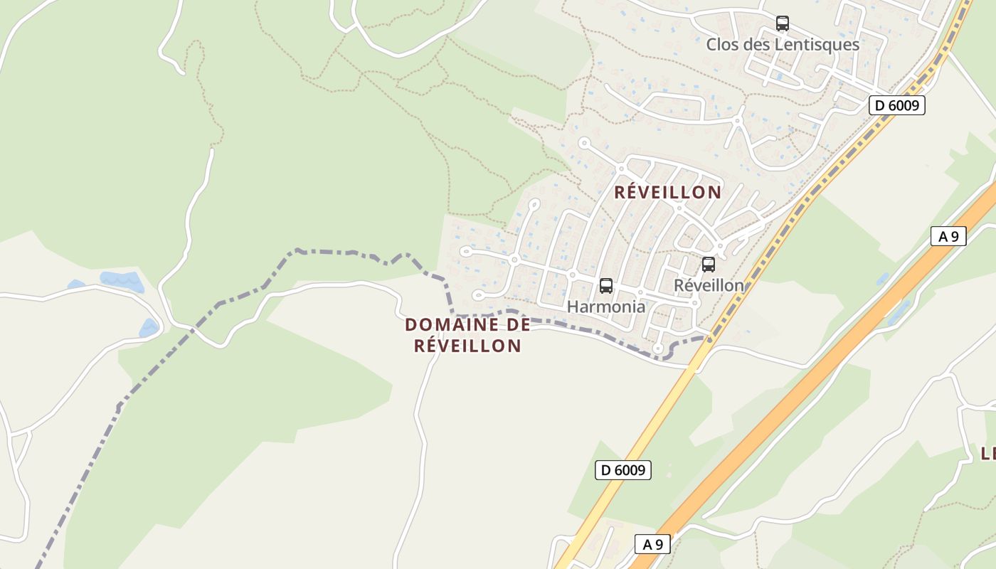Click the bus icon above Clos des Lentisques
tap(783, 23)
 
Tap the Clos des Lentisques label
tap(783, 45)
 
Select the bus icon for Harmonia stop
tap(606, 286)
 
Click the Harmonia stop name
tap(606, 307)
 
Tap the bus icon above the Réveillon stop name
tap(709, 265)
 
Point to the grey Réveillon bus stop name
tap(709, 285)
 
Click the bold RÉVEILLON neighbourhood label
tap(668, 192)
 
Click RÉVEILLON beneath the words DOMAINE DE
tap(468, 346)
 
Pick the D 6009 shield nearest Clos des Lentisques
tap(897, 106)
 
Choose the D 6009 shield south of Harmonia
tap(623, 469)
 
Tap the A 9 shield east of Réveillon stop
tap(948, 236)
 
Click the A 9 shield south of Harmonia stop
tap(652, 545)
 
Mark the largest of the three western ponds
tap(122, 281)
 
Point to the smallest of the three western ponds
tap(76, 285)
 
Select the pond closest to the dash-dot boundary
tap(149, 328)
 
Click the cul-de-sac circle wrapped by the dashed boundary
tap(658, 349)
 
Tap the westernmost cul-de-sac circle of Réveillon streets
tap(465, 251)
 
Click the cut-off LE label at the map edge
tap(987, 454)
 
